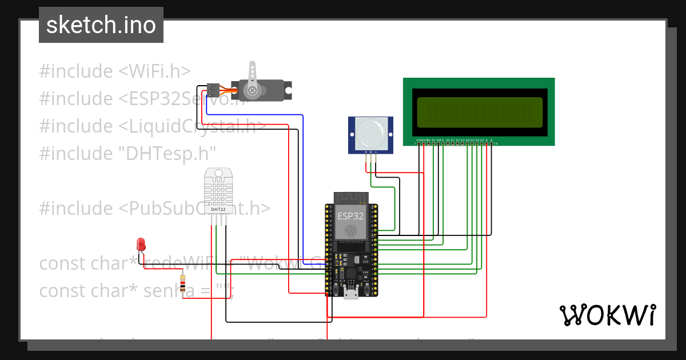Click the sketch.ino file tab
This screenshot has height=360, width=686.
pyautogui.click(x=101, y=25)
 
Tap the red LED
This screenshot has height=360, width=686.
pyautogui.click(x=141, y=245)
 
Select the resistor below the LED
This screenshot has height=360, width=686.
pyautogui.click(x=183, y=284)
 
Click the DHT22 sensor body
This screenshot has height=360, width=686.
pyautogui.click(x=218, y=191)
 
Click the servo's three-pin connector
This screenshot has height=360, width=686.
pyautogui.click(x=213, y=89)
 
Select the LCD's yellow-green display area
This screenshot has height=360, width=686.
pyautogui.click(x=479, y=113)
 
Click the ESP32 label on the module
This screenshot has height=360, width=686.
pyautogui.click(x=350, y=216)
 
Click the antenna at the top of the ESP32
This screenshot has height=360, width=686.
pyautogui.click(x=350, y=198)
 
